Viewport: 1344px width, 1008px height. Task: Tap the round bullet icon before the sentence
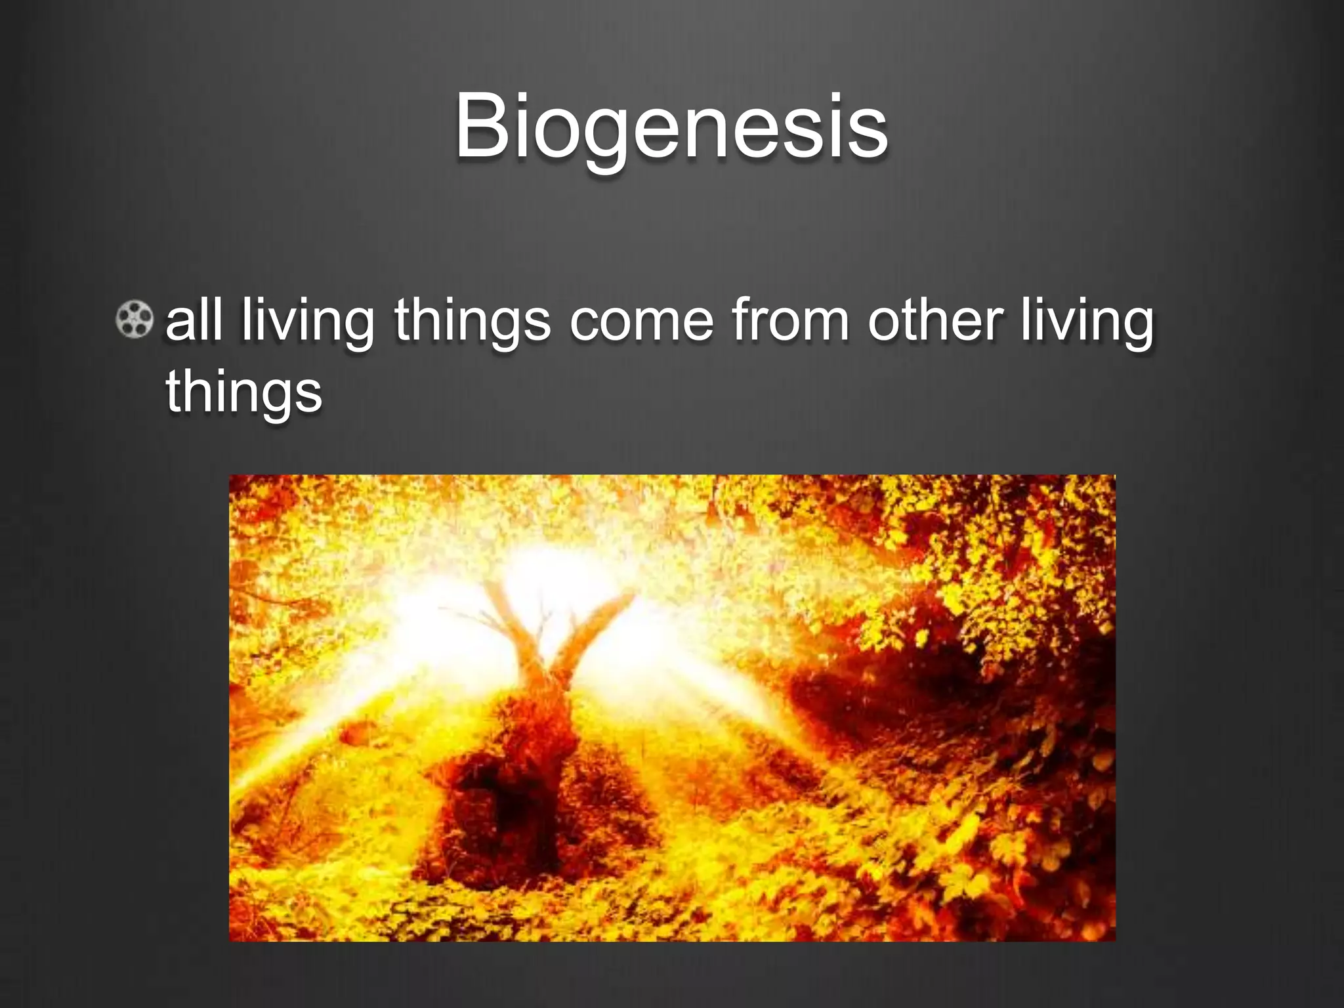[x=135, y=320]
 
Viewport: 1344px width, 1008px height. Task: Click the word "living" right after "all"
[x=307, y=322]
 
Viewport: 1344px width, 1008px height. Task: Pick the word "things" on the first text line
[x=472, y=322]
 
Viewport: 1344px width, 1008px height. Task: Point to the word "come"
[x=641, y=322]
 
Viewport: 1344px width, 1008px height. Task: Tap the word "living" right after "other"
[x=1087, y=322]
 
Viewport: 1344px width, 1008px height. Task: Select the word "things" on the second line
[x=243, y=392]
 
